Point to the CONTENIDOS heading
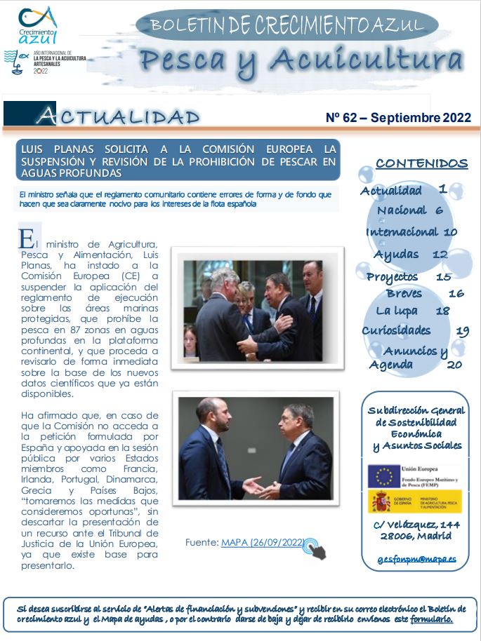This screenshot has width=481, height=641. coord(421,163)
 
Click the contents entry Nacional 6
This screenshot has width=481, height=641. coord(409,210)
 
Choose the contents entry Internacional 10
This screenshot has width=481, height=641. coord(411,232)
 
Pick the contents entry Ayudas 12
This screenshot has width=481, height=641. coord(411,255)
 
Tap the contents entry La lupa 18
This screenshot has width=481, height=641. coord(412,311)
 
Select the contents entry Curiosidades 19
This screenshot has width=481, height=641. coord(415,330)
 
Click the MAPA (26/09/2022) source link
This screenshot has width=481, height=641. coord(262,542)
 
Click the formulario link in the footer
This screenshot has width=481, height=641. coord(431,620)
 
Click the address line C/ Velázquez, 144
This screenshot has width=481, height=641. coord(417,524)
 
